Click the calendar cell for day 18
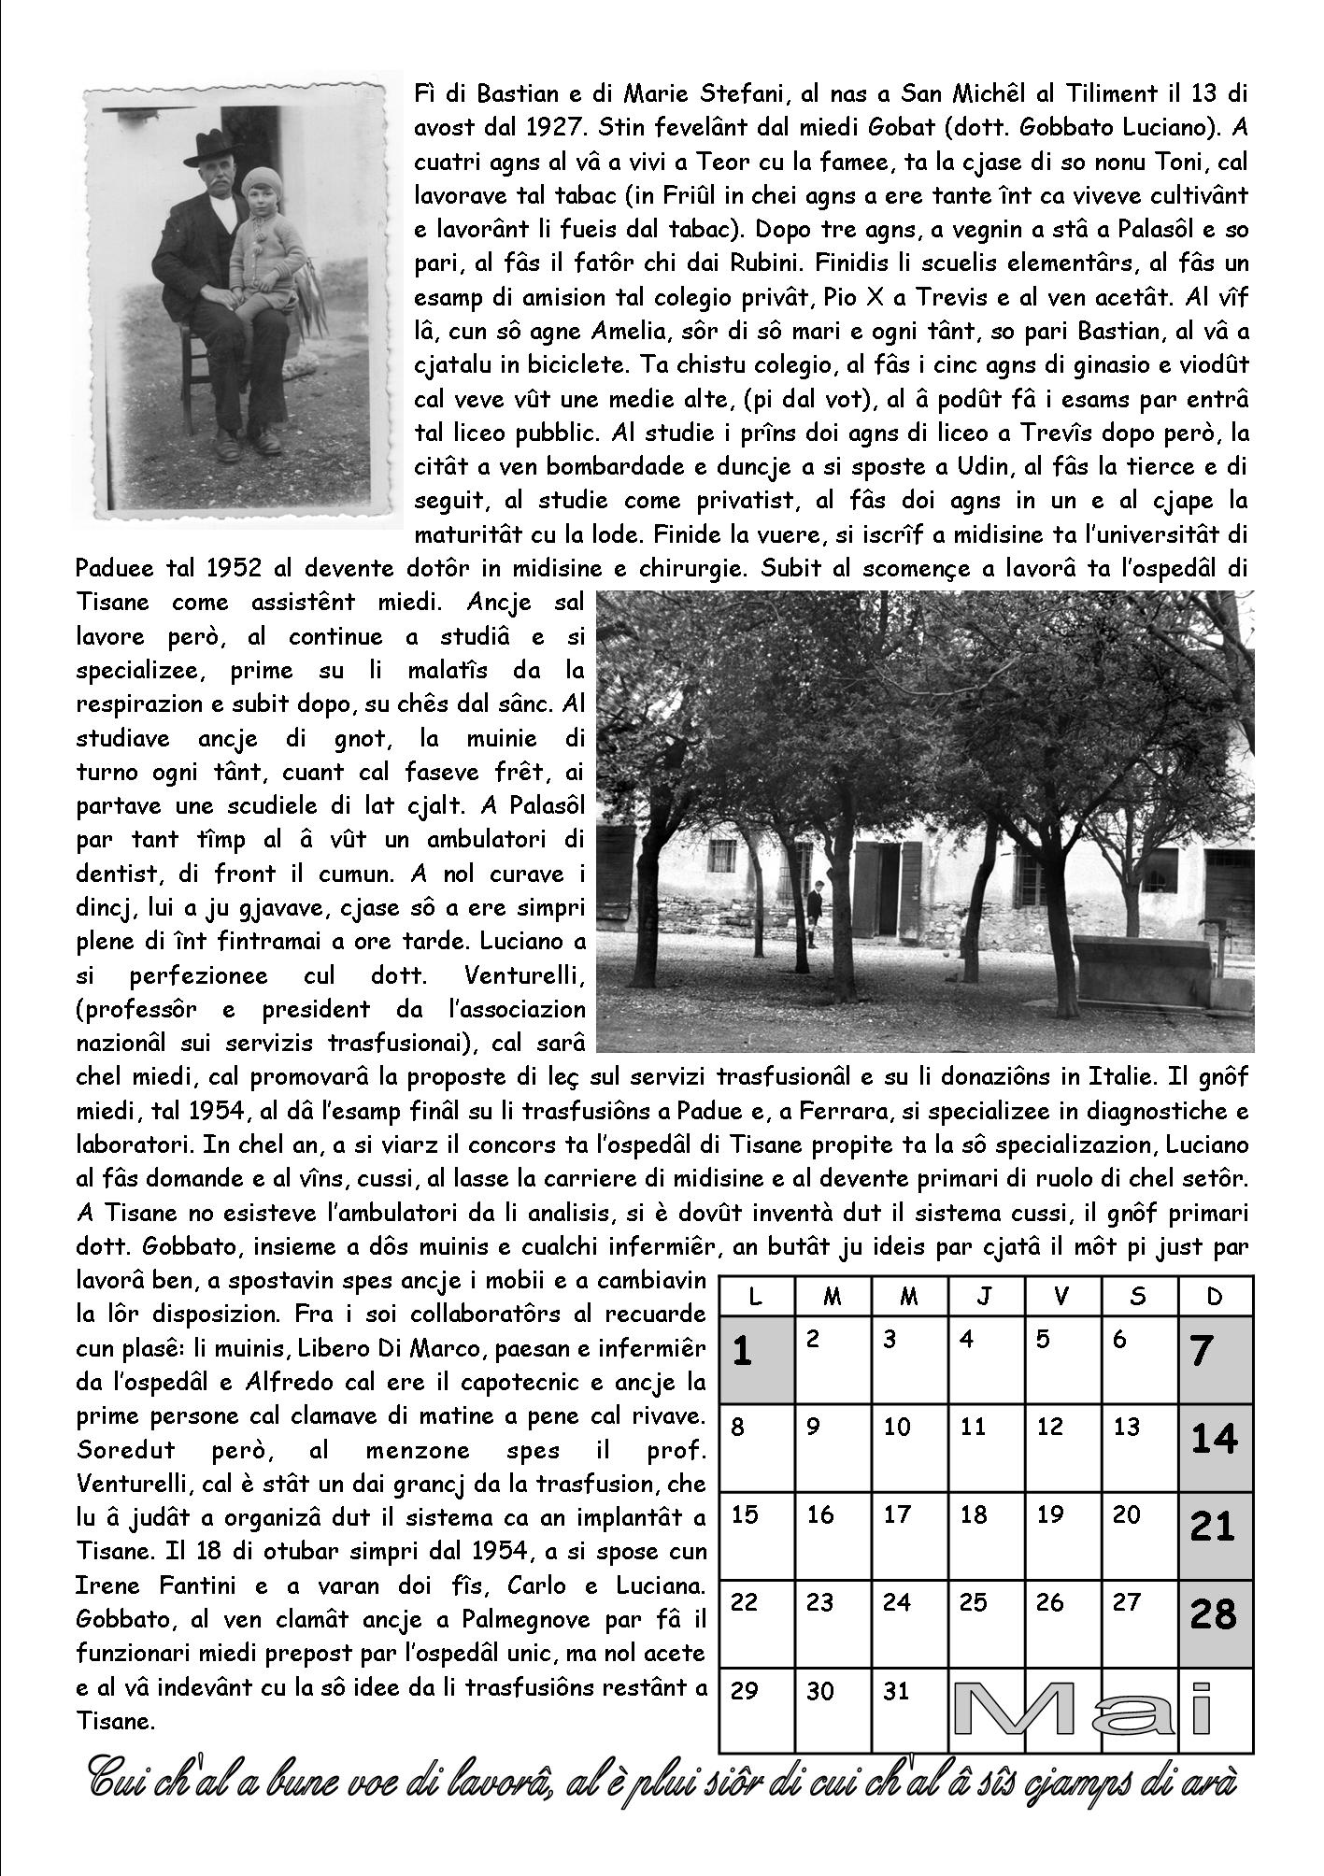click(x=987, y=1537)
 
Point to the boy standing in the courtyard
click(x=818, y=914)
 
